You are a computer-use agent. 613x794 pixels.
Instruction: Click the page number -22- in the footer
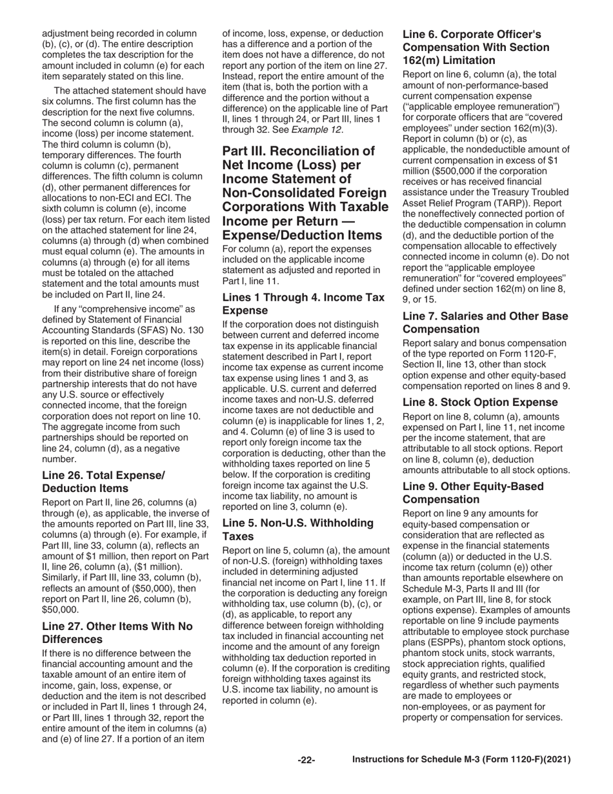pyautogui.click(x=306, y=761)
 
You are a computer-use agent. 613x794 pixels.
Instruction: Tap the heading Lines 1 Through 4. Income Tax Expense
pyautogui.click(x=303, y=303)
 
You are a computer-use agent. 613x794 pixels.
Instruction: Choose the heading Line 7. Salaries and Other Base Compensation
pyautogui.click(x=485, y=323)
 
